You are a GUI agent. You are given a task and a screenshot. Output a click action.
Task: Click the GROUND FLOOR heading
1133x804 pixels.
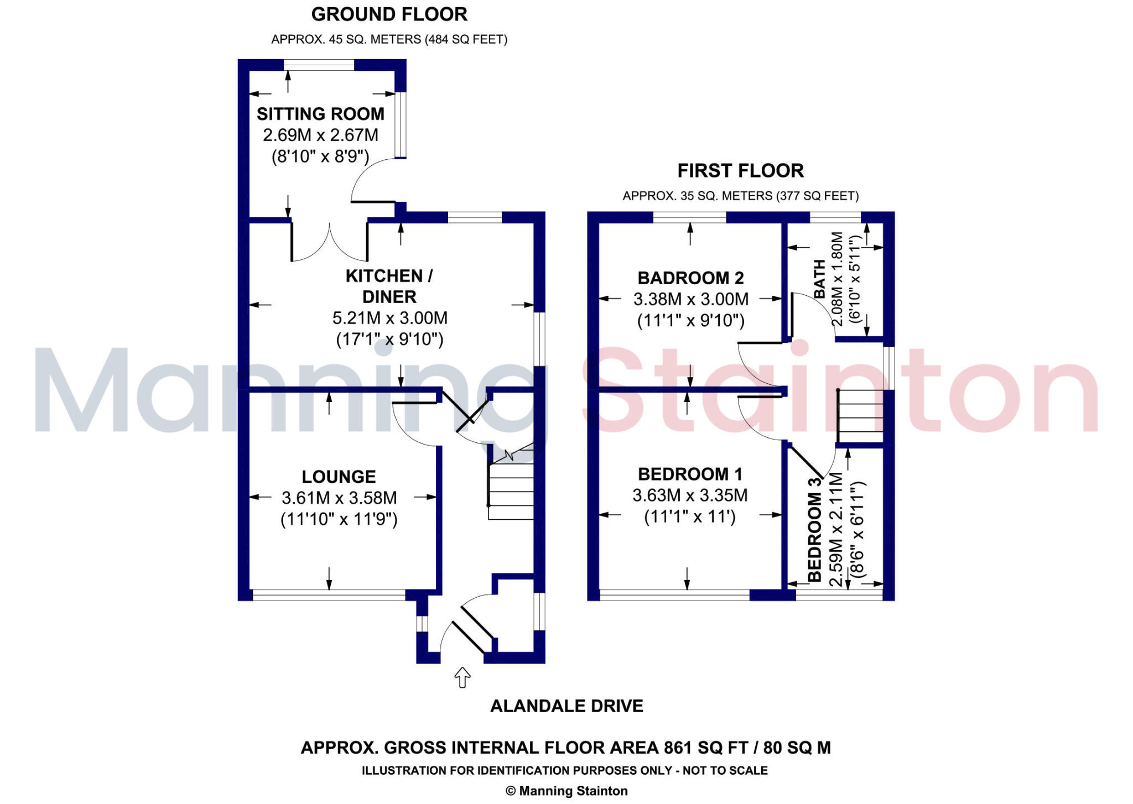click(x=389, y=14)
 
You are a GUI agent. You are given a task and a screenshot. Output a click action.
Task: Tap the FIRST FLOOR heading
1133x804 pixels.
click(x=740, y=171)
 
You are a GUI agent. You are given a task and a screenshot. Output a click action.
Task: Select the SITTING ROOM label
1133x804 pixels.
click(x=320, y=114)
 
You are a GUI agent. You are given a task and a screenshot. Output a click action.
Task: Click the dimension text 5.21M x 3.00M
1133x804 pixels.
click(x=389, y=318)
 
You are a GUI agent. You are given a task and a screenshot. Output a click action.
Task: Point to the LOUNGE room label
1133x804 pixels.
click(x=339, y=477)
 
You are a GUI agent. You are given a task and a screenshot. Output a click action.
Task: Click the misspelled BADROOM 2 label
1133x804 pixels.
click(x=690, y=278)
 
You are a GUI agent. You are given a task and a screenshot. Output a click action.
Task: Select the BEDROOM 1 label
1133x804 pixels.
click(x=690, y=474)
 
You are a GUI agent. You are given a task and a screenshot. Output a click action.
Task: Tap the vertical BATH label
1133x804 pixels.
click(x=819, y=279)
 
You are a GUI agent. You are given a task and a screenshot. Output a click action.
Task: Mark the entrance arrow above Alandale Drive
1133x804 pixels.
click(x=462, y=677)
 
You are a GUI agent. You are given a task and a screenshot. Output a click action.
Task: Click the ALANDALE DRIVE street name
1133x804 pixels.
click(x=566, y=706)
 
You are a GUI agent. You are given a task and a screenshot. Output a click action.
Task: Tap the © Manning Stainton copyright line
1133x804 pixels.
click(x=566, y=791)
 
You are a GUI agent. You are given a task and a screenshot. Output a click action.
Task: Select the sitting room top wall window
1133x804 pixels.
click(x=319, y=65)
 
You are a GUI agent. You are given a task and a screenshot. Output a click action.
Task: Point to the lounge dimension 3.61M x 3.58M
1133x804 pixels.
click(x=339, y=498)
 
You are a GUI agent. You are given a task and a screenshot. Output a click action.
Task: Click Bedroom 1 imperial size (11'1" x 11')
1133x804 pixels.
click(x=690, y=517)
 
